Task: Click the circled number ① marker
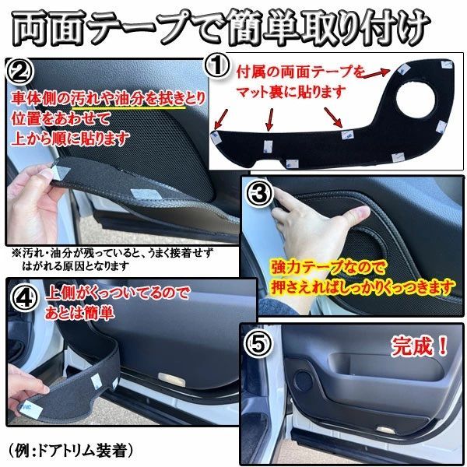point(217,66)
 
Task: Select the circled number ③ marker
point(259,193)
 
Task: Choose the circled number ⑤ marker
point(258,344)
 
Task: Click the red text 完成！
point(420,346)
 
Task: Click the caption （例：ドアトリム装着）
point(70,450)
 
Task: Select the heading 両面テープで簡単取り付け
point(221,28)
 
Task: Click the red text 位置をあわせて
point(61,119)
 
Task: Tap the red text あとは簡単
point(79,313)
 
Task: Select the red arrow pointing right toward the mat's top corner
point(376,74)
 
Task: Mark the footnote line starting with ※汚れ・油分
point(113,253)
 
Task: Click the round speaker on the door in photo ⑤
point(304,381)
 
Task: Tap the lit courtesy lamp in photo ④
point(171,380)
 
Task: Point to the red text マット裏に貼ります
point(291,92)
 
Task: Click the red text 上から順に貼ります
point(70,138)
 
